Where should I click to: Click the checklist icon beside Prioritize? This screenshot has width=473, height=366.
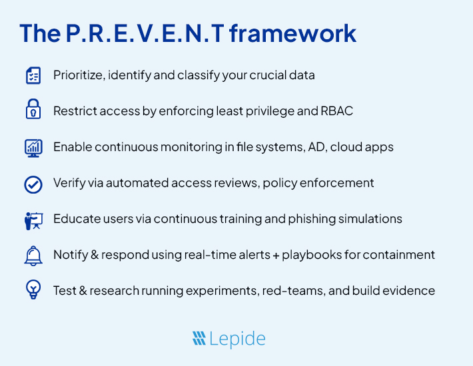pos(33,75)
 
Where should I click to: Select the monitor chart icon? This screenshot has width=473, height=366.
pos(33,147)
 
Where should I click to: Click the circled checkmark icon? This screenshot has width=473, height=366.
pos(33,184)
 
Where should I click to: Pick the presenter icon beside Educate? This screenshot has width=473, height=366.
pos(33,220)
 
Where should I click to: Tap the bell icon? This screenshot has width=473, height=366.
pos(33,255)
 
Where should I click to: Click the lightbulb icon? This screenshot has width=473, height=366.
pos(33,291)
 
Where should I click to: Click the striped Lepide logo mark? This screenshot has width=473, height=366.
pos(199,339)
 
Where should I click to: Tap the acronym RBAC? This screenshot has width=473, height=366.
pos(336,111)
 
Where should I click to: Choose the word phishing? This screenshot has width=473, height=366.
pos(314,219)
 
